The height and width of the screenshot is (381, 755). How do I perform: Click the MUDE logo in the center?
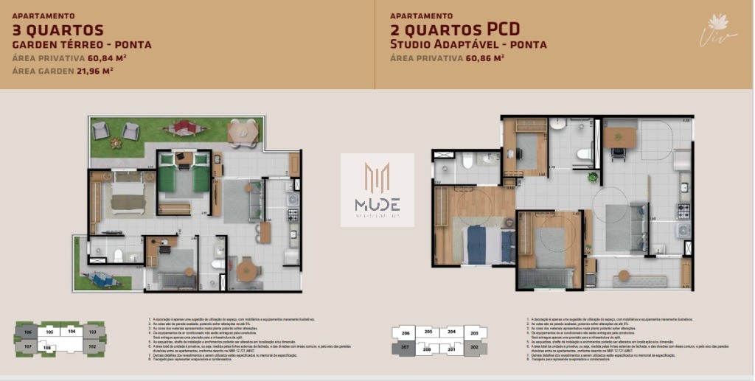[377, 190]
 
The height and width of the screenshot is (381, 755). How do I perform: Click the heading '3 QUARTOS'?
[58, 29]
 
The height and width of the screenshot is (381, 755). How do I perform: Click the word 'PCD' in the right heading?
[503, 29]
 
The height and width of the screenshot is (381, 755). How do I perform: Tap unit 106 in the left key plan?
[27, 333]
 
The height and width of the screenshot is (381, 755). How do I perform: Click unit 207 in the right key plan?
[405, 346]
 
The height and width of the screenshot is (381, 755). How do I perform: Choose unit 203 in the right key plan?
[473, 333]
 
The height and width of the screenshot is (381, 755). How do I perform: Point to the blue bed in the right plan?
[487, 245]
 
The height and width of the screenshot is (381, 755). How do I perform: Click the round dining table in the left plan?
[246, 268]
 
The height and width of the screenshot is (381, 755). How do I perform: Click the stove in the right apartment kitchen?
[683, 210]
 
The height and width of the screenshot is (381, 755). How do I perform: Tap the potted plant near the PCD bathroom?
[593, 176]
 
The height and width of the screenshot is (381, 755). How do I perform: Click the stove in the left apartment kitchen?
[292, 215]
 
